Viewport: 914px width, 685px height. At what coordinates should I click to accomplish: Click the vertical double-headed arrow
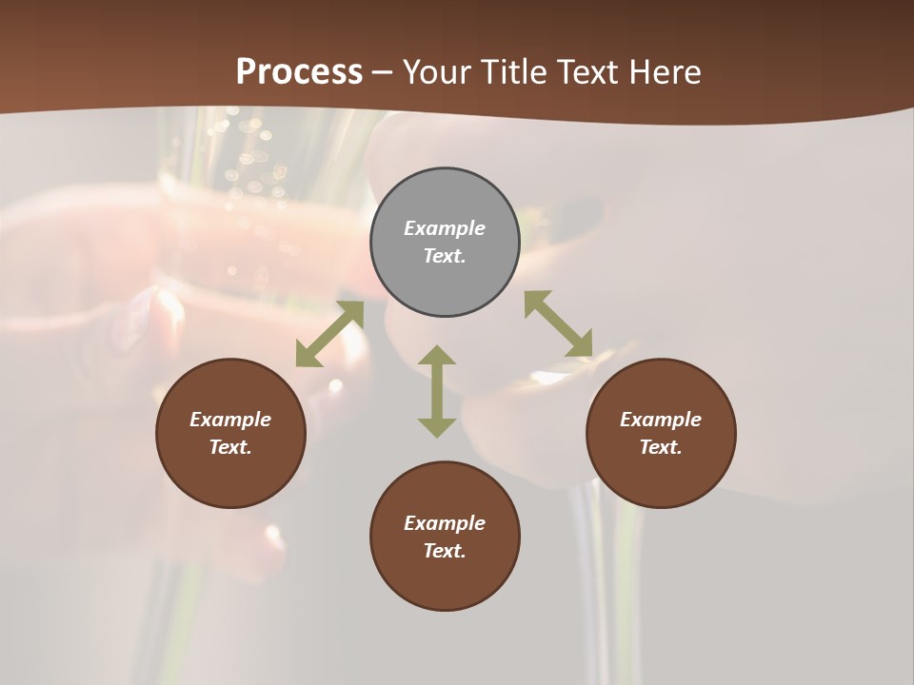(437, 391)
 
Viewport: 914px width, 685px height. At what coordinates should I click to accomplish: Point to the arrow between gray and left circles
(330, 334)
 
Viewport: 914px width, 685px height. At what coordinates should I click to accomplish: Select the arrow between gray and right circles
(558, 324)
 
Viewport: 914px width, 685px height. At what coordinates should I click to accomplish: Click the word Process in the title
(299, 71)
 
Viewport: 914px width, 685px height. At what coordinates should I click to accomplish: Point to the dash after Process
(383, 72)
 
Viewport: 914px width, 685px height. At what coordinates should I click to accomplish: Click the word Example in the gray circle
(445, 228)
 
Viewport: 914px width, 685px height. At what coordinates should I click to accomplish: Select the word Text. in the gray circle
(445, 256)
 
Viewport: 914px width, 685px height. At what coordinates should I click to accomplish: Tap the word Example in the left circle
(230, 420)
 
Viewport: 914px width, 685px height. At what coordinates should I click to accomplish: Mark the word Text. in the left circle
(230, 447)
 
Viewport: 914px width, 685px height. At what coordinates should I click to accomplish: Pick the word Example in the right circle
(661, 420)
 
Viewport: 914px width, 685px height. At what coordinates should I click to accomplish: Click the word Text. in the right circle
(661, 447)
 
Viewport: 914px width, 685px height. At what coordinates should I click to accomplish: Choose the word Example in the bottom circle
(445, 523)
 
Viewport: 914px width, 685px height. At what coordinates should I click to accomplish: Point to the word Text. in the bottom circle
(445, 551)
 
